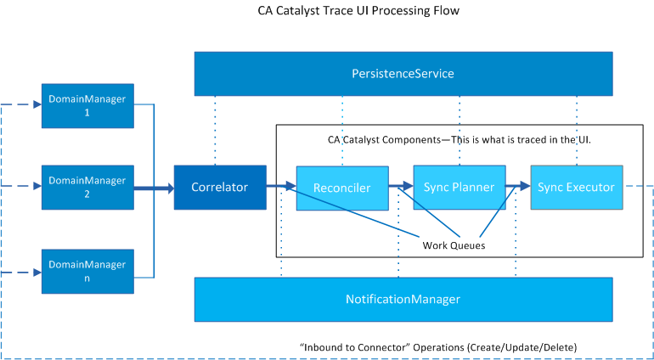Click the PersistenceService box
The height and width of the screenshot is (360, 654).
click(403, 74)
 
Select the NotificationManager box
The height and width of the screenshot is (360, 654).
click(403, 299)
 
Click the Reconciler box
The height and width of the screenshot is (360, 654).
click(341, 188)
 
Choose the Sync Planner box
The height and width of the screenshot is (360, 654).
click(459, 188)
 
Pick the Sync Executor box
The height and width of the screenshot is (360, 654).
click(576, 188)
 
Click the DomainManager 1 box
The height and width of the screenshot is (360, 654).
click(87, 105)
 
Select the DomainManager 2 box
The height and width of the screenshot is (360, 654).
click(87, 187)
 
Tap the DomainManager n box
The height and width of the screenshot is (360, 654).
click(87, 271)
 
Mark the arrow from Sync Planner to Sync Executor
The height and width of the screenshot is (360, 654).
click(517, 183)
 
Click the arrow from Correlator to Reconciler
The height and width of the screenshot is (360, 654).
click(280, 185)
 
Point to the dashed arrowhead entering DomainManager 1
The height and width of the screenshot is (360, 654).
click(36, 106)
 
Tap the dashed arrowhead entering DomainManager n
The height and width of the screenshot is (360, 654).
click(36, 273)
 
